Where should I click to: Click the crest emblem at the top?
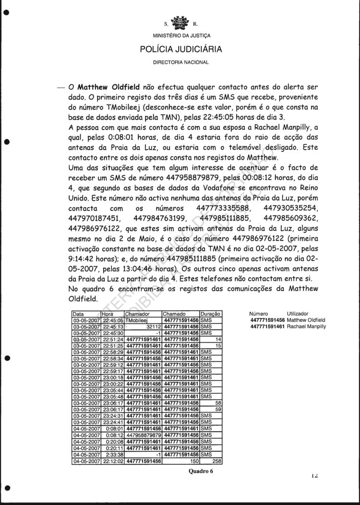181,22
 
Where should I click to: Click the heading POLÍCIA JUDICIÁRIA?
180,49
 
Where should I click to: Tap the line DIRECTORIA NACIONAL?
180,63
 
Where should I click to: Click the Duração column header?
210,314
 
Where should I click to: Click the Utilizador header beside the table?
300,314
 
